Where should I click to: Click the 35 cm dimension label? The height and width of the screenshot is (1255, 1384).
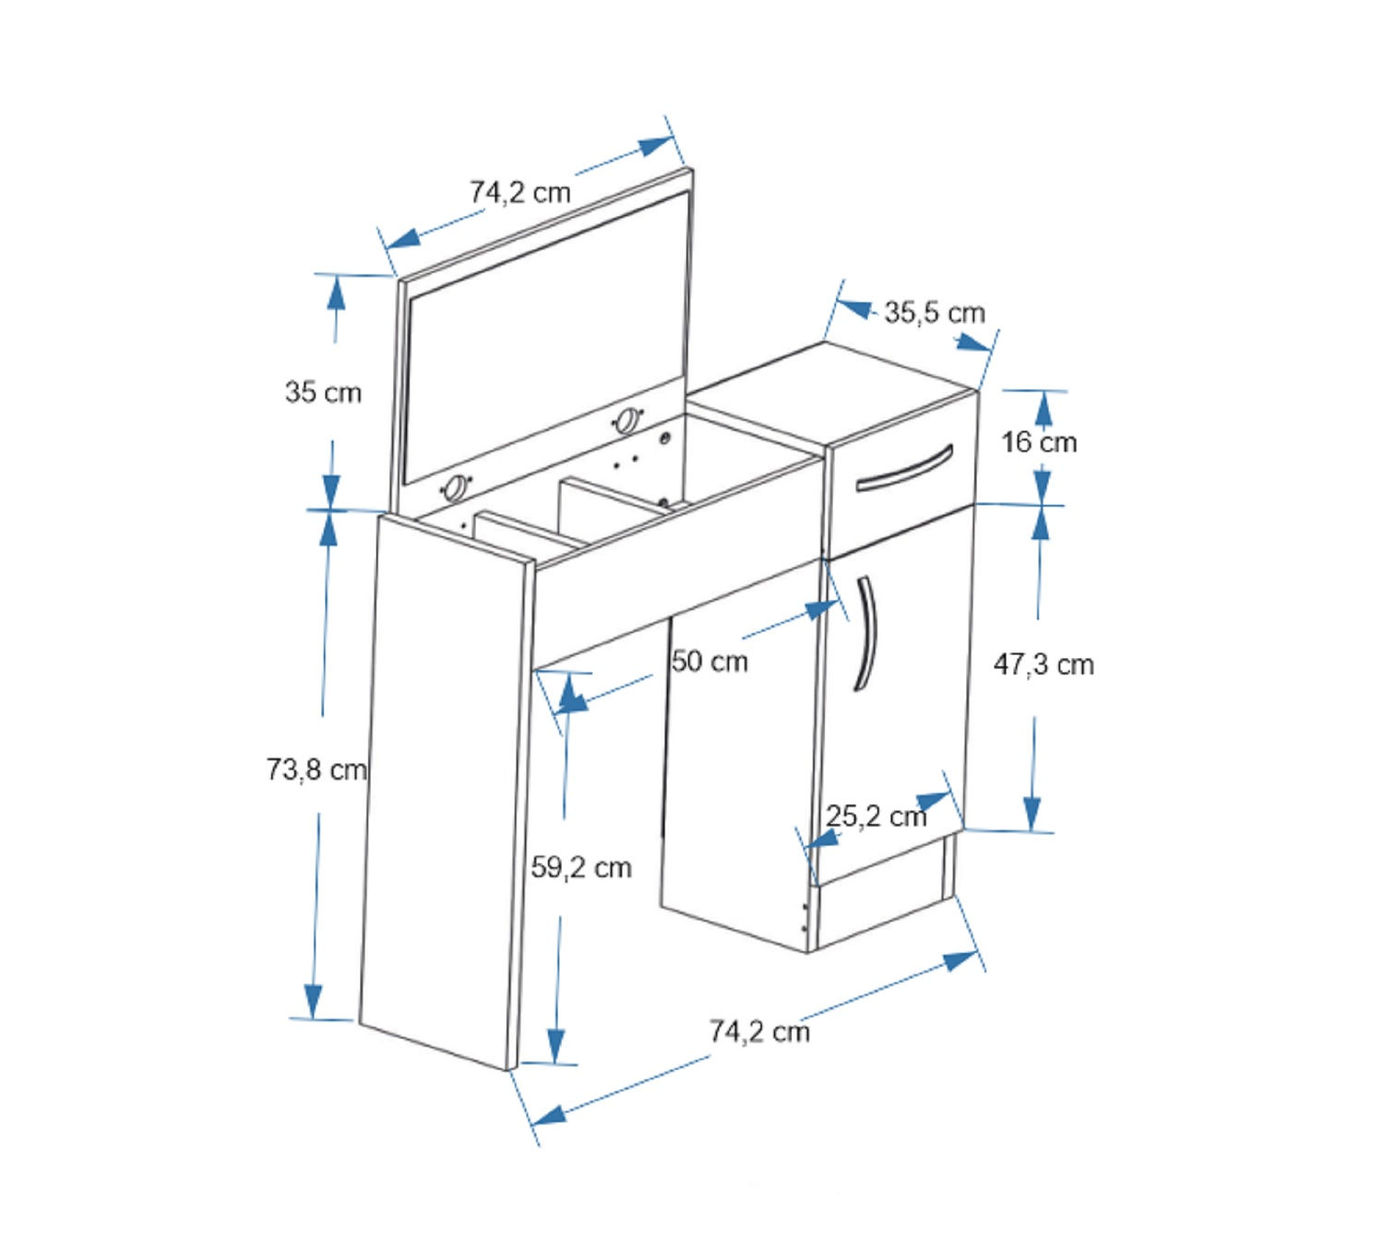323,392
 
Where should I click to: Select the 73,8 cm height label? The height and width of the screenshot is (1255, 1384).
316,769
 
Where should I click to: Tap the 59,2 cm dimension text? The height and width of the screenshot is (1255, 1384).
581,867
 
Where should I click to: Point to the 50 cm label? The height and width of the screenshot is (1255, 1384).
710,662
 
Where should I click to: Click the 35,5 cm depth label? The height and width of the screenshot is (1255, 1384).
934,313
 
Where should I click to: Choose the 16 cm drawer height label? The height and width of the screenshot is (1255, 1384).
1039,442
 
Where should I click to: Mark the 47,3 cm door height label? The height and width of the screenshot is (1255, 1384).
1044,664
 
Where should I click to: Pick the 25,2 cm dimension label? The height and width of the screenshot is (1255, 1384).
877,817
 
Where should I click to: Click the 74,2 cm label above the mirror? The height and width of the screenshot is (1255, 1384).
520,192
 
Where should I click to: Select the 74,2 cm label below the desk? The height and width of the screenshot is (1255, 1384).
759,1032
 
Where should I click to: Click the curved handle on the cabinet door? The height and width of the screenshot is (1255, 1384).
867,633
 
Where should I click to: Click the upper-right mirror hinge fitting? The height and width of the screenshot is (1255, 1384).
627,420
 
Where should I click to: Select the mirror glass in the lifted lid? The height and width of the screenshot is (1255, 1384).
546,339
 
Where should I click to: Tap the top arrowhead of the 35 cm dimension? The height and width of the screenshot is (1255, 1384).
336,291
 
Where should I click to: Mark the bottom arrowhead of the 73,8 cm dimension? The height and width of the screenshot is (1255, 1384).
313,1002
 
